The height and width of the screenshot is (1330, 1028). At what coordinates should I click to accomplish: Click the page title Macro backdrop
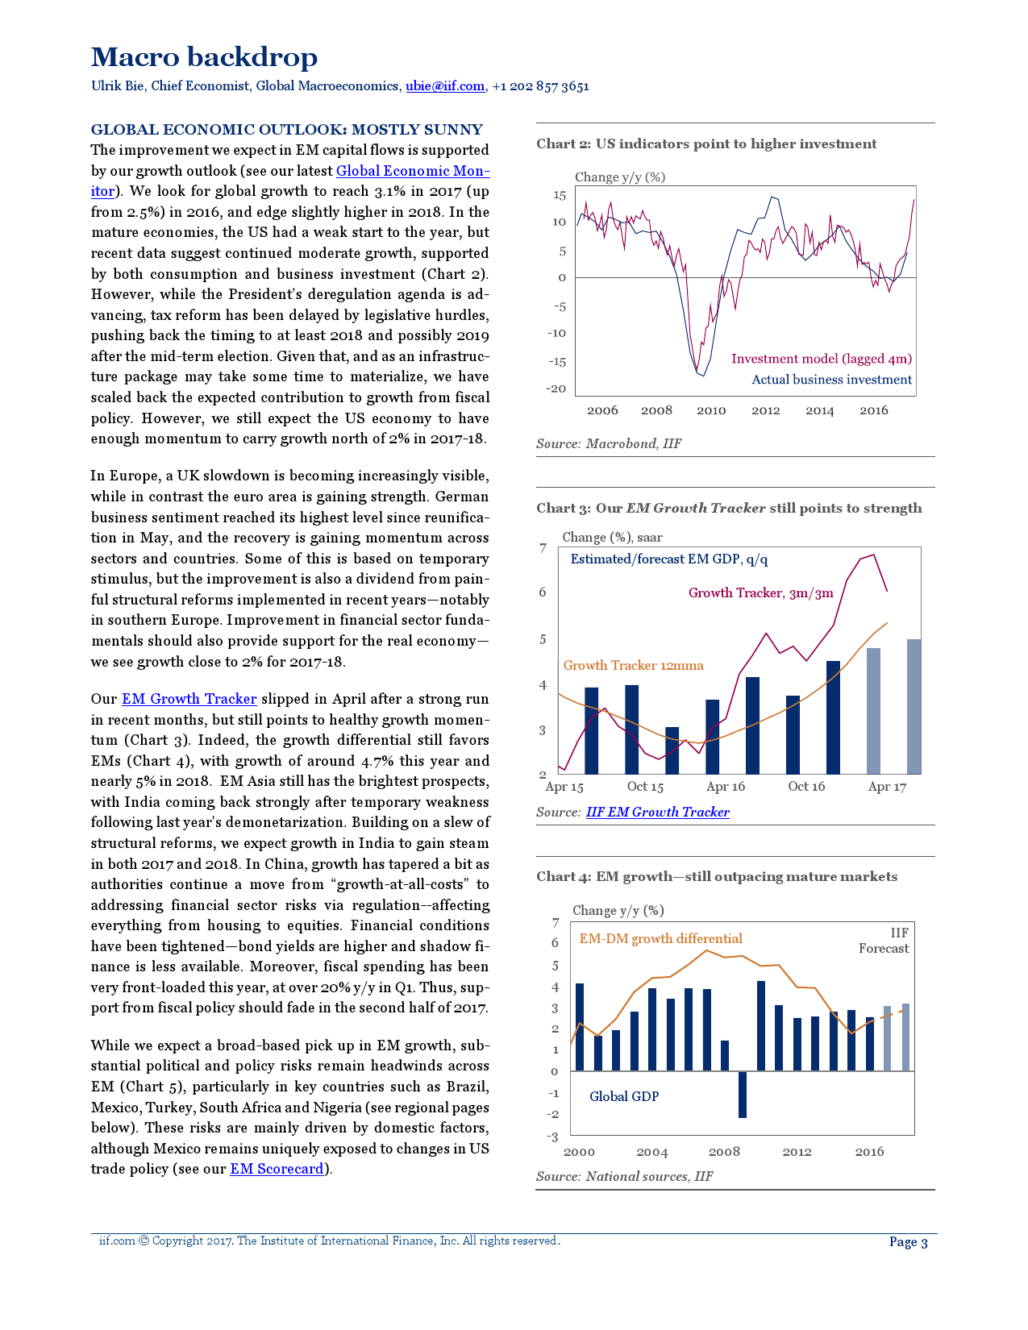(204, 57)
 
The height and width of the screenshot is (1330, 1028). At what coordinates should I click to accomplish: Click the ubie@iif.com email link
(444, 86)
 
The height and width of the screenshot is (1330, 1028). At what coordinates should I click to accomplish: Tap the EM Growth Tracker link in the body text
(189, 699)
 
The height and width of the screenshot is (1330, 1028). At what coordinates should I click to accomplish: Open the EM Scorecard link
(277, 1169)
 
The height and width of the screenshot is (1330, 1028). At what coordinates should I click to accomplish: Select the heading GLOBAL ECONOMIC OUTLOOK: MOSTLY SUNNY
(286, 130)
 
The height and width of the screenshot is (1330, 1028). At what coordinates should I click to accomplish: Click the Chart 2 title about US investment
(706, 144)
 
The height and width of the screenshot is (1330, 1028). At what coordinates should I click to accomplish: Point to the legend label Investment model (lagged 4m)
(821, 359)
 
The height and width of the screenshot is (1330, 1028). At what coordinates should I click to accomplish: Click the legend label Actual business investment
(831, 380)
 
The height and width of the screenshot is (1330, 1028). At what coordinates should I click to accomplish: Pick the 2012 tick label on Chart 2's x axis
(765, 410)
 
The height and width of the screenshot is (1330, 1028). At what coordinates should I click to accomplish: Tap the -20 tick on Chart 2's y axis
(557, 389)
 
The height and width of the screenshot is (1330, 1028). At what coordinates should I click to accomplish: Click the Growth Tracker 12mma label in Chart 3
(633, 665)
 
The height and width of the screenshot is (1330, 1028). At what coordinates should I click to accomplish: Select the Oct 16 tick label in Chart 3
(806, 787)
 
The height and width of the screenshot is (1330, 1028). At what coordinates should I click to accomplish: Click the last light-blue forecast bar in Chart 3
(914, 706)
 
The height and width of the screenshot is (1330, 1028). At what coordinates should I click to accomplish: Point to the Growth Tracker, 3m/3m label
(760, 593)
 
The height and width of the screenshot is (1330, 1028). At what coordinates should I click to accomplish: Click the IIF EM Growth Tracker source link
(657, 813)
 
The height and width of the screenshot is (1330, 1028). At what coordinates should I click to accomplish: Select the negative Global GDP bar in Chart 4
(743, 1094)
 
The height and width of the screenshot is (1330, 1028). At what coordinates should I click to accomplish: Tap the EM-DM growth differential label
(660, 939)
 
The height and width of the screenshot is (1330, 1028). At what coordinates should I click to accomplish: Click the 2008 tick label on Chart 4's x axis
(724, 1152)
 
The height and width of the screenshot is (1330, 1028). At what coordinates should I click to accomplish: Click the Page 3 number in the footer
(908, 1242)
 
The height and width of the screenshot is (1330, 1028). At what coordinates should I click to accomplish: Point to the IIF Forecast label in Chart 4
(884, 941)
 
